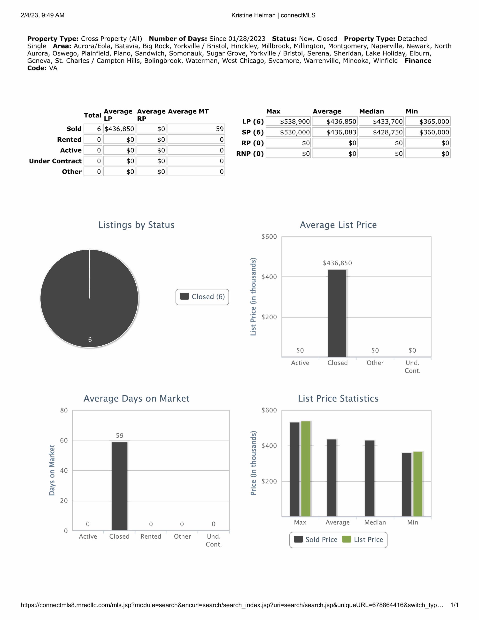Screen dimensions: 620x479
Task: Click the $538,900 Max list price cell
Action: (x=288, y=122)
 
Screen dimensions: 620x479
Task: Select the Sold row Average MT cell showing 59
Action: (x=196, y=129)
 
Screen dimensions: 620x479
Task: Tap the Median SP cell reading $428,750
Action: (x=381, y=132)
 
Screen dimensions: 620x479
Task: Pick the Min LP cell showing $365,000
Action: (x=428, y=122)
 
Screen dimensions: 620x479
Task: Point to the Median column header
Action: (x=371, y=111)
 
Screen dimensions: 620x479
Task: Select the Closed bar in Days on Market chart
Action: (x=119, y=486)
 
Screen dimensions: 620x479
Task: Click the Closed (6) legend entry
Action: (x=202, y=297)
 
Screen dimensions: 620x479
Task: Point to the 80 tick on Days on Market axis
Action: (x=64, y=410)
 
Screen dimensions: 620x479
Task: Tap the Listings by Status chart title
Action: (x=136, y=225)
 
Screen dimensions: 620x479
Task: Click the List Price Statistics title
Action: (x=338, y=399)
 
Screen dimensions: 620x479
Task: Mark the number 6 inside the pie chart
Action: (x=90, y=340)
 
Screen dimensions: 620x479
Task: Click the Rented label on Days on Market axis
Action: (x=151, y=536)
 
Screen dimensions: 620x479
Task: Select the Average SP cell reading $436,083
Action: (x=335, y=132)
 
